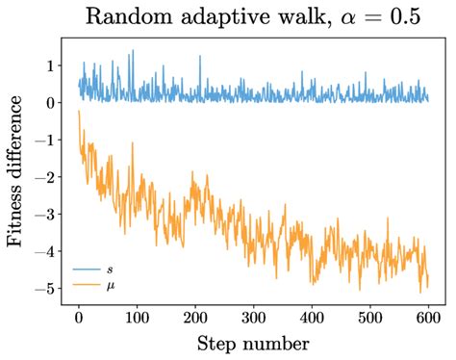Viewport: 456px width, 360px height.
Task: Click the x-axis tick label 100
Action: point(136,316)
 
